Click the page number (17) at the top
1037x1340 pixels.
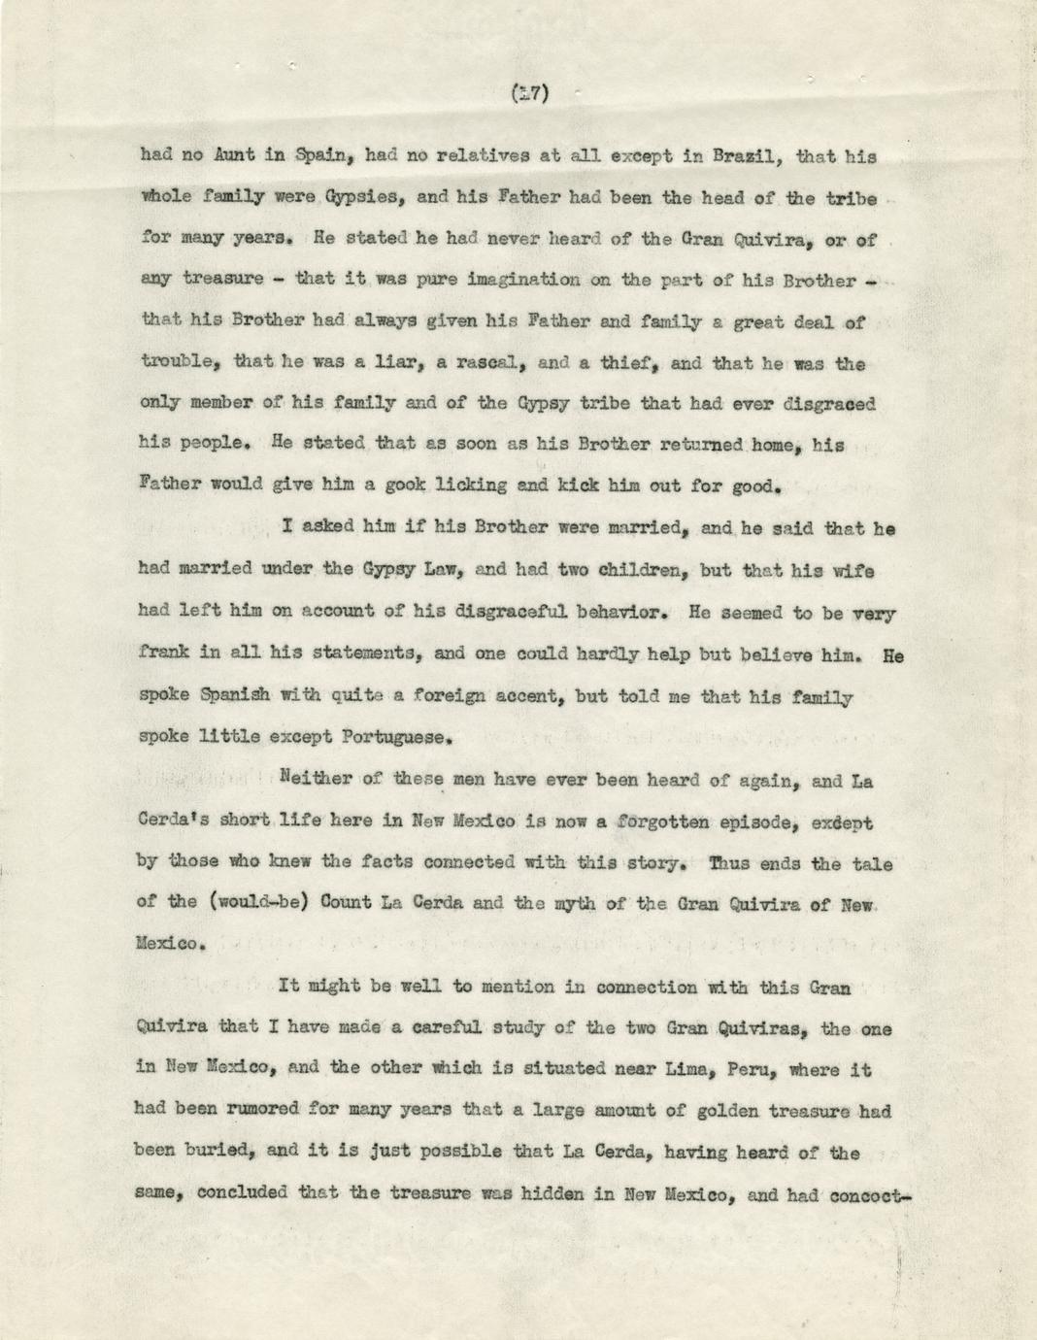point(529,93)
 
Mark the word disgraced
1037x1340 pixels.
point(831,405)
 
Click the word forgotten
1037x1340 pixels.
point(669,822)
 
